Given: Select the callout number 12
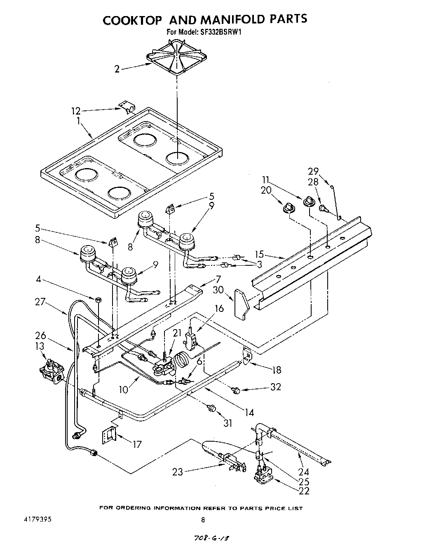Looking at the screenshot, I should [76, 111].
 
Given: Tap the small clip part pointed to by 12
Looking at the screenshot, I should [128, 108].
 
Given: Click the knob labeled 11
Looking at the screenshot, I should [309, 201].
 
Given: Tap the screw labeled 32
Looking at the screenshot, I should [236, 389].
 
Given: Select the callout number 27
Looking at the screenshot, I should [40, 302].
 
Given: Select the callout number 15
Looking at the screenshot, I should [270, 255].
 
